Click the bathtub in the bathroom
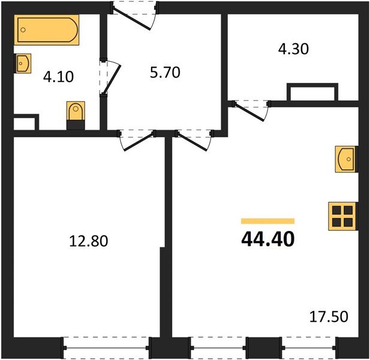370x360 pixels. pos(47,31)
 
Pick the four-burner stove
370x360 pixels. pos(342,215)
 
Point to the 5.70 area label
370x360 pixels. pos(164,73)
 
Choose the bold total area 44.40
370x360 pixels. pos(267,239)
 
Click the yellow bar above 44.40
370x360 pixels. pos(267,221)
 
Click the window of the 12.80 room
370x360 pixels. pos(107,347)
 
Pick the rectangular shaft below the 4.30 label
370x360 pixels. pos(312,94)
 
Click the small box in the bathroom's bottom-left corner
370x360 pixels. pos(25,122)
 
